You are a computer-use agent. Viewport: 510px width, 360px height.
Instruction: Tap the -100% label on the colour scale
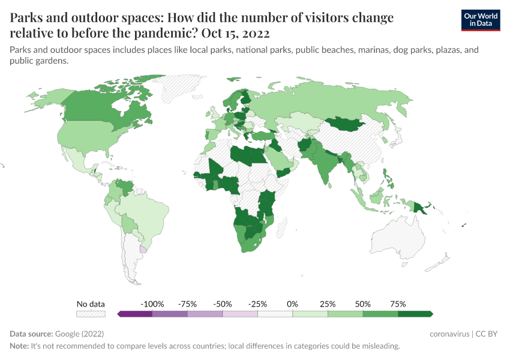tap(152, 304)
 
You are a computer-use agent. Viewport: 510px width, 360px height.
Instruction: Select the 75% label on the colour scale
tap(398, 304)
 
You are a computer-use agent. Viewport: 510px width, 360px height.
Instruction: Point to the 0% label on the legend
tap(293, 304)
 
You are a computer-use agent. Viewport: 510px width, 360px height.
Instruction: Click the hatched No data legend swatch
tap(91, 314)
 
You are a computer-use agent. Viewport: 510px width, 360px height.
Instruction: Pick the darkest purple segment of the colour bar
tap(135, 314)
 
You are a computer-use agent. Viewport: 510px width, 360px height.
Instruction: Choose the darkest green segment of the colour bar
tap(415, 314)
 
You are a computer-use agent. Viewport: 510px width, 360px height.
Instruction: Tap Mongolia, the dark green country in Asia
tap(348, 124)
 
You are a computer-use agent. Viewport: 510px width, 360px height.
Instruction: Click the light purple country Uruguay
tap(143, 248)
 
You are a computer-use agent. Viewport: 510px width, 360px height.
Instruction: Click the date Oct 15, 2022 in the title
tap(235, 32)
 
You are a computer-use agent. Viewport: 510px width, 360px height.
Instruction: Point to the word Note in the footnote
tap(20, 346)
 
